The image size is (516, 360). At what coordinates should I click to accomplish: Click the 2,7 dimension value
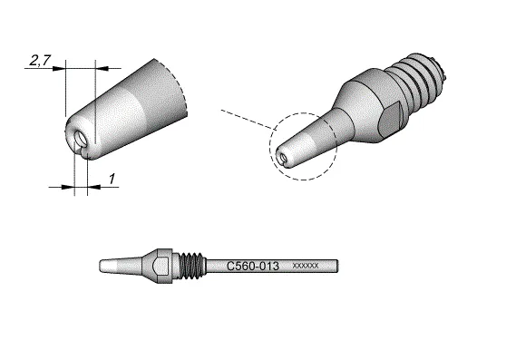tap(40, 60)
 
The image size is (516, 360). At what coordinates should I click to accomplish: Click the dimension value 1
tap(112, 179)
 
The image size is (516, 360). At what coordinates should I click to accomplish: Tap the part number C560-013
tap(253, 266)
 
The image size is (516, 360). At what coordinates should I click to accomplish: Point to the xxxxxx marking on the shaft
tap(306, 266)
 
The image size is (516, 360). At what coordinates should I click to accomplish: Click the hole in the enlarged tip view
tap(81, 139)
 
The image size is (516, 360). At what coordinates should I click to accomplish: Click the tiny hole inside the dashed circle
tap(284, 158)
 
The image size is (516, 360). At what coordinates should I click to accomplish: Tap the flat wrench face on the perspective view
tap(390, 119)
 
